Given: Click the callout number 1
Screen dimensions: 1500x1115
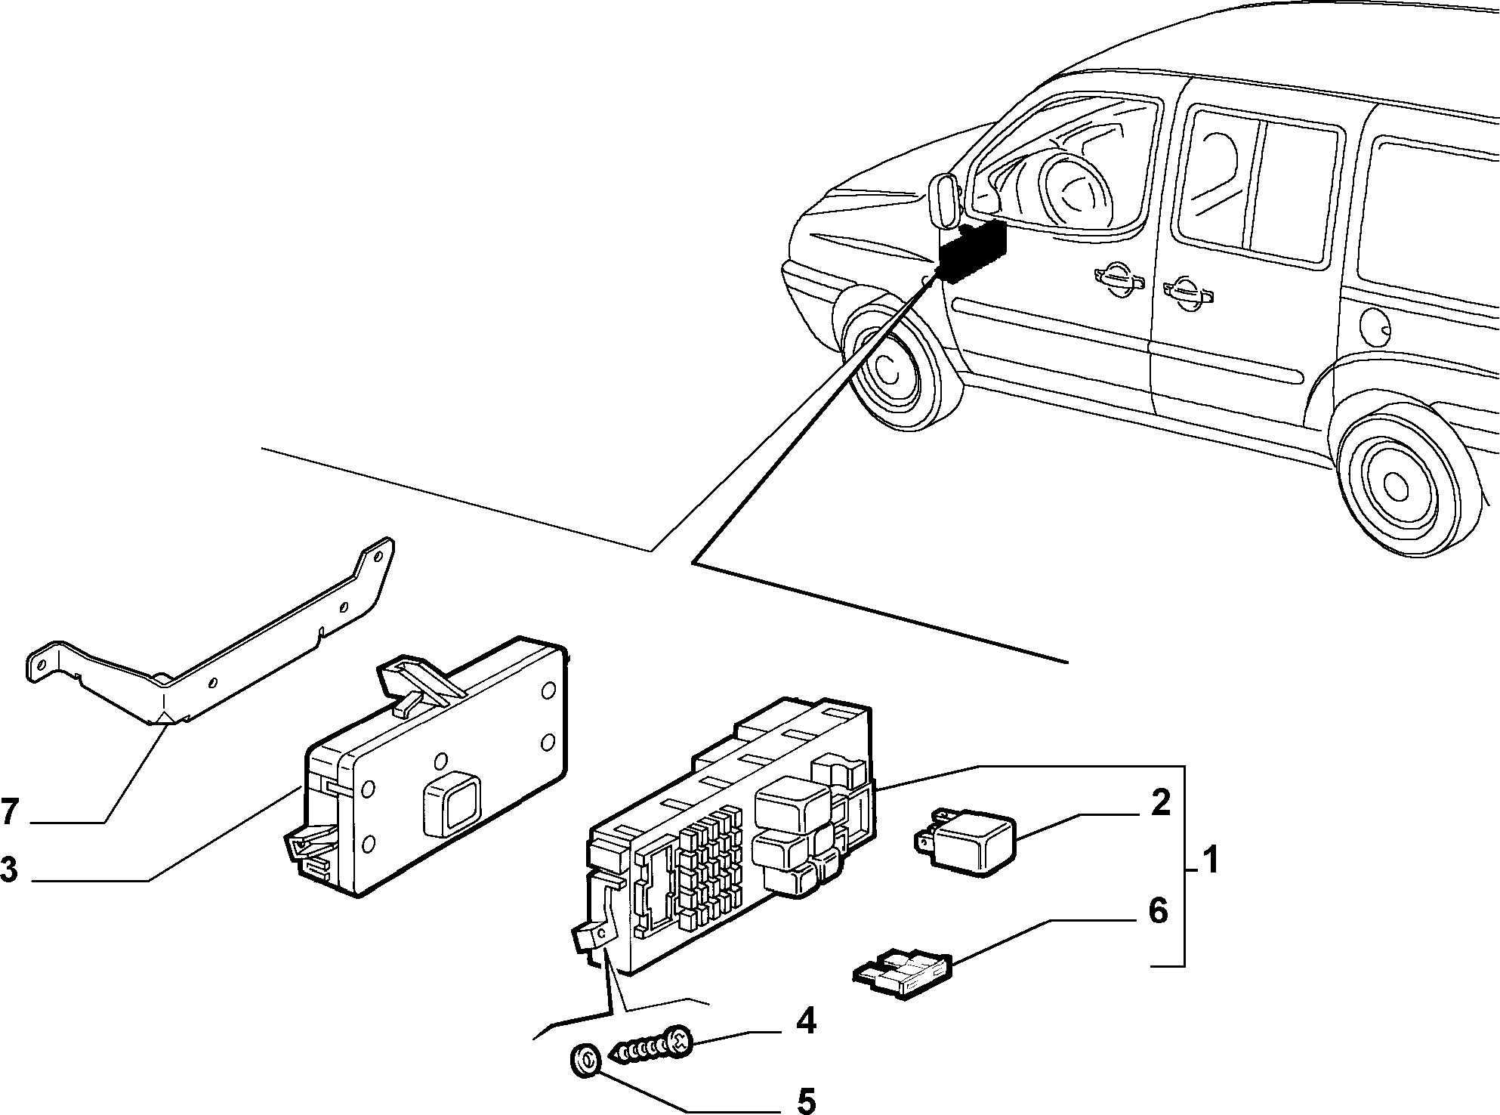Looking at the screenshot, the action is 1210,860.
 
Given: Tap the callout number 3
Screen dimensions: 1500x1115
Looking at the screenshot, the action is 8,869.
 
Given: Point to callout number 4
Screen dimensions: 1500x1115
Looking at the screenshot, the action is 806,1022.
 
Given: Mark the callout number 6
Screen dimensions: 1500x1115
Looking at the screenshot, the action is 1158,911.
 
